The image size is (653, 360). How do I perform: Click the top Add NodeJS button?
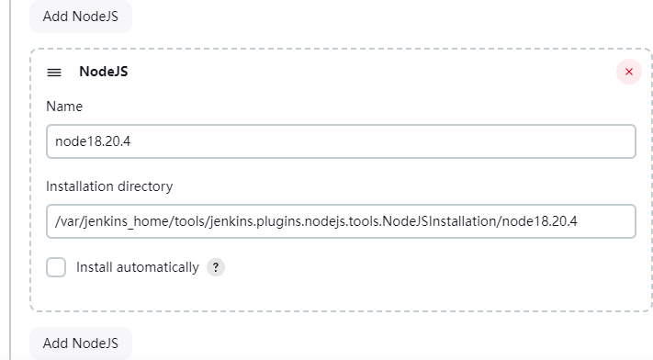click(81, 17)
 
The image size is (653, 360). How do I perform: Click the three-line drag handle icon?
click(54, 72)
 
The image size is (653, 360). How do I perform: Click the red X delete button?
click(628, 72)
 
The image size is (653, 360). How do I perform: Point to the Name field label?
click(64, 107)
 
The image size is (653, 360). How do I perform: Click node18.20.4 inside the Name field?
click(93, 141)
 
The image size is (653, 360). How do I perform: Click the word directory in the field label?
click(144, 186)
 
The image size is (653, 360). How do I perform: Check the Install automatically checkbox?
click(56, 267)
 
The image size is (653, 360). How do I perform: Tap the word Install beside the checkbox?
click(94, 267)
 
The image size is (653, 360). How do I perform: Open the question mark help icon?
click(216, 267)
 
